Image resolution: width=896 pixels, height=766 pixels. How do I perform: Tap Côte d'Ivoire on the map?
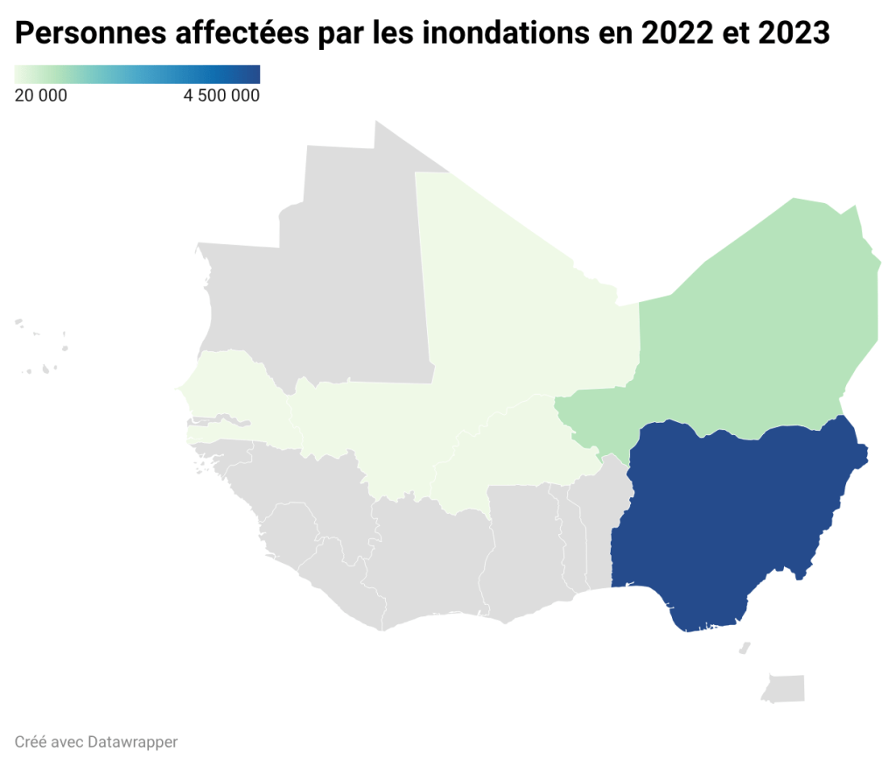[429, 560]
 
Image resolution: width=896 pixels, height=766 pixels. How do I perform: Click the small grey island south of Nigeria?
[783, 687]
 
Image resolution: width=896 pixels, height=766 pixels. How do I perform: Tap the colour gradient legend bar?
[137, 74]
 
